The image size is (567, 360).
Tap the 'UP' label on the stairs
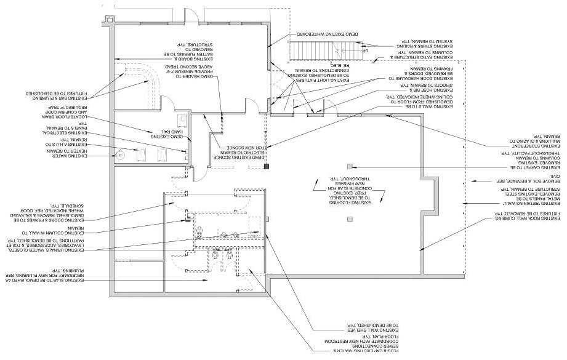[x=365, y=52]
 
